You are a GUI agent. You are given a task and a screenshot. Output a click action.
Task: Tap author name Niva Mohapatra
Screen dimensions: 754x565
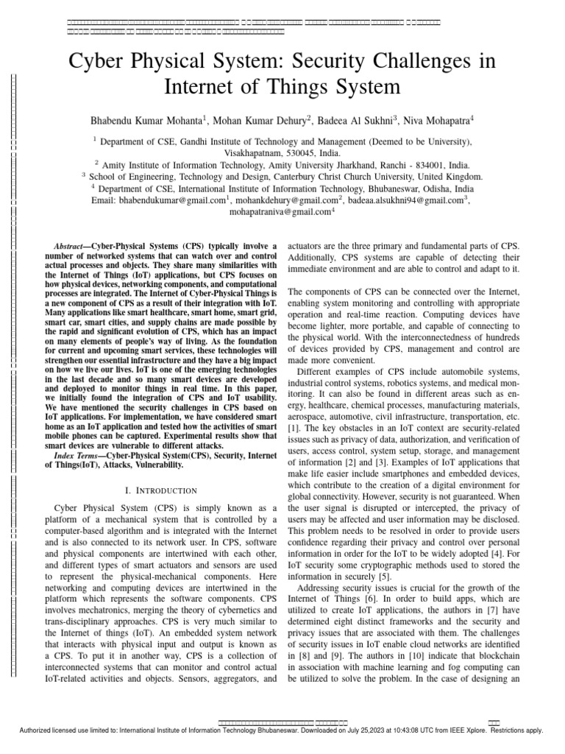[x=435, y=119]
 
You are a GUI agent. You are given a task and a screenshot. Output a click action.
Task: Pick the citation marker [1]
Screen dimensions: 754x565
[x=293, y=427]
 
